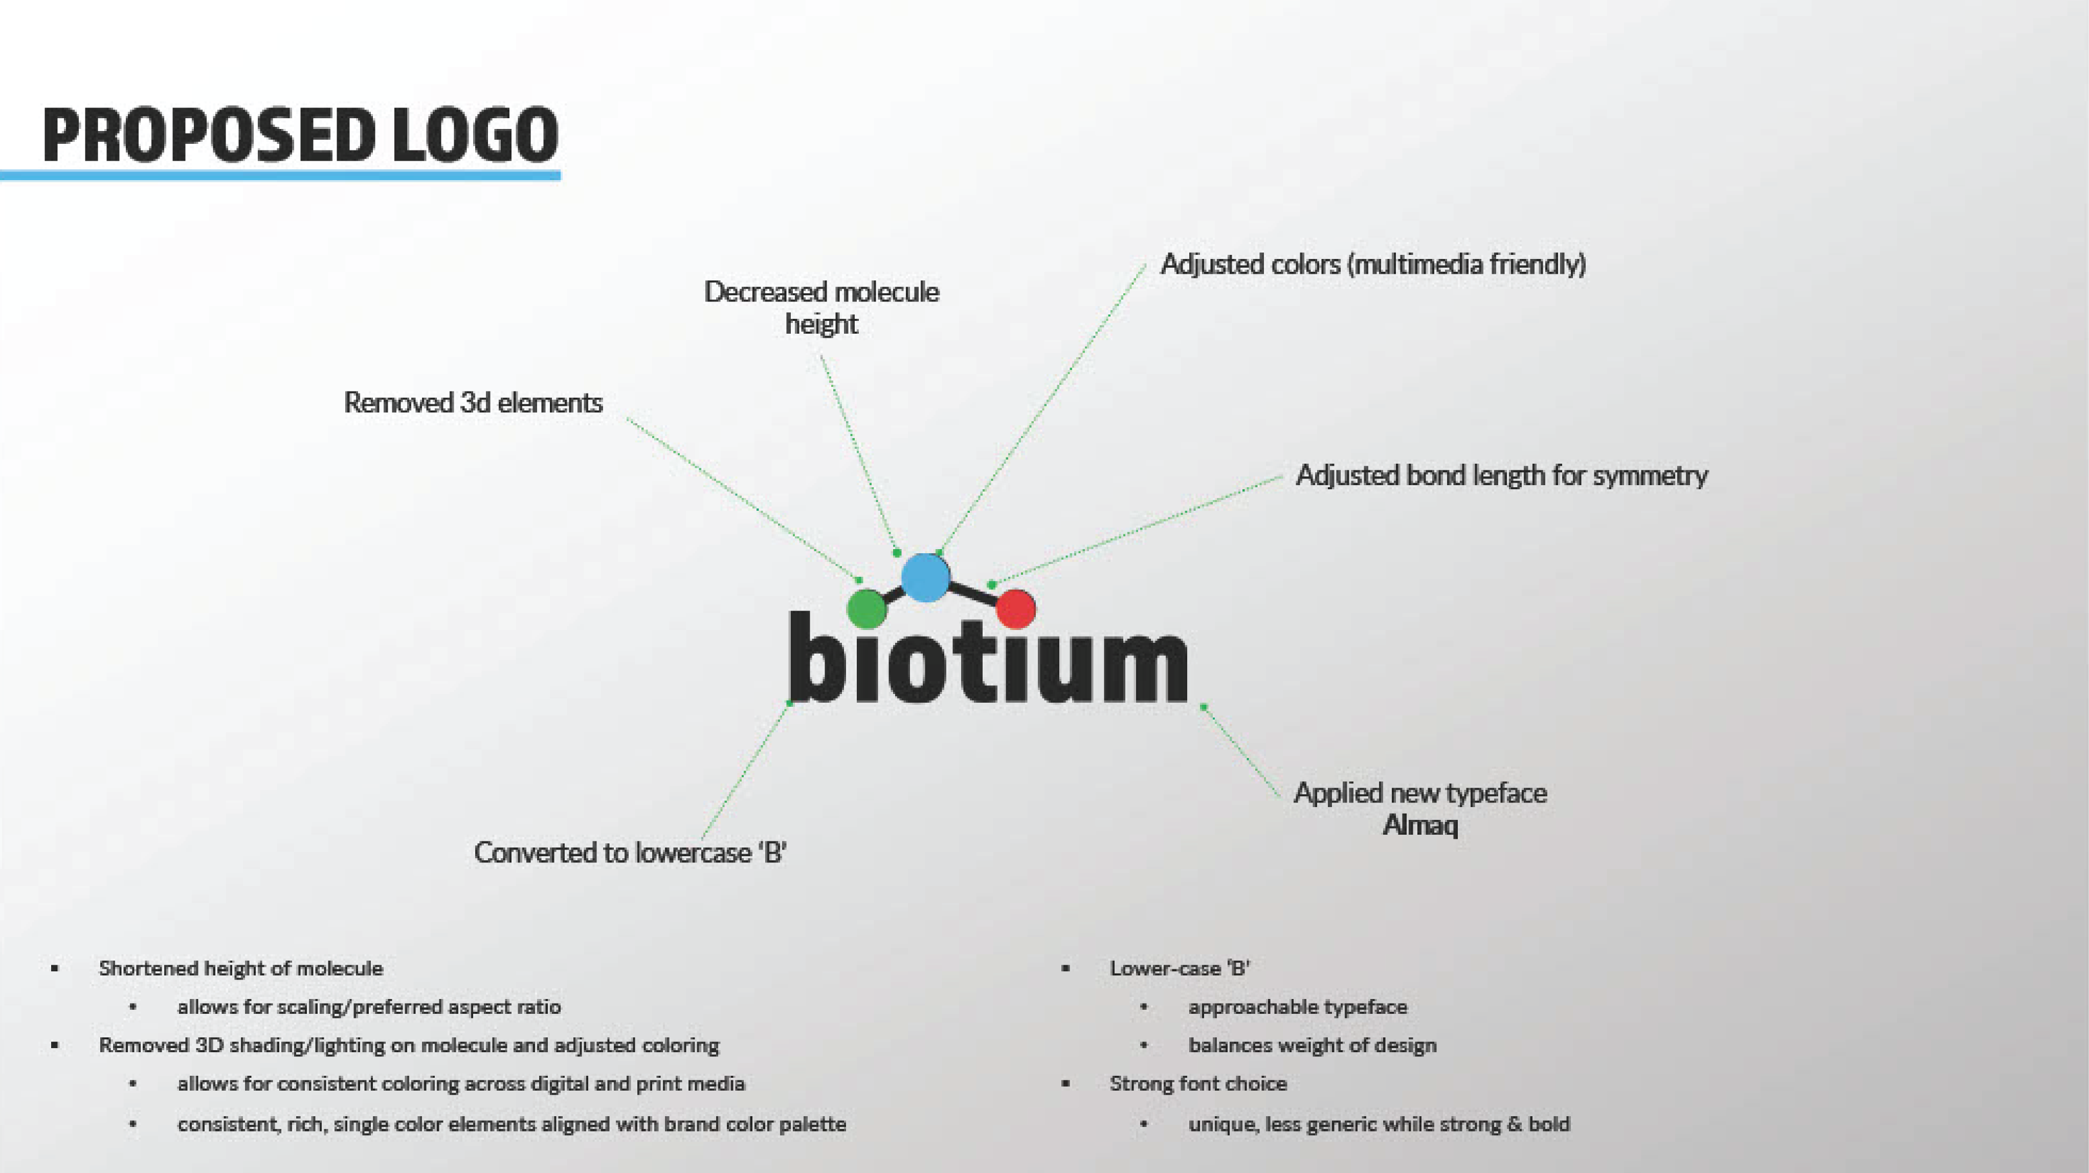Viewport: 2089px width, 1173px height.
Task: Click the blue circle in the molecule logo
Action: click(925, 578)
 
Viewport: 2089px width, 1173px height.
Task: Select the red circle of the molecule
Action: click(1015, 609)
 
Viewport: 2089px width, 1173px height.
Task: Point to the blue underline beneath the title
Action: click(280, 175)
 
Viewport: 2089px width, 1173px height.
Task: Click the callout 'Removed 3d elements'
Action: click(473, 402)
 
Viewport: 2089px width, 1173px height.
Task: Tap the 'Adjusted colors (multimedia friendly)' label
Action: click(1373, 264)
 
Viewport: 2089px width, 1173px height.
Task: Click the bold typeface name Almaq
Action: click(1420, 825)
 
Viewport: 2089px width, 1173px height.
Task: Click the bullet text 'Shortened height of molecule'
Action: click(240, 968)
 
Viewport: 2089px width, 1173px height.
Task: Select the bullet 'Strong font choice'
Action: click(1198, 1083)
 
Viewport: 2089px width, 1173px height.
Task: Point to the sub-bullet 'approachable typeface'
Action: click(1298, 1007)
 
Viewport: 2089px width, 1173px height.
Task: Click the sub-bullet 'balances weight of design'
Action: click(1312, 1045)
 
